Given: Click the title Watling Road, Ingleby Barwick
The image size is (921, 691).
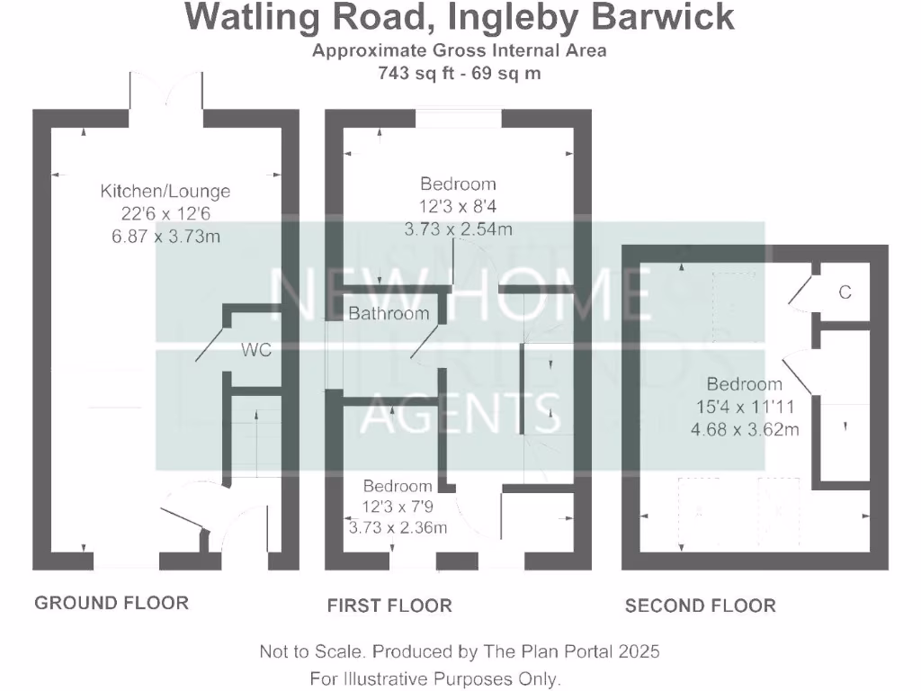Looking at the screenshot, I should click(459, 18).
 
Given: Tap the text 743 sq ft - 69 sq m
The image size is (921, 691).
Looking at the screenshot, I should click(460, 73).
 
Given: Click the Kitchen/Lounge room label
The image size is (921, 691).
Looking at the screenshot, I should click(165, 191).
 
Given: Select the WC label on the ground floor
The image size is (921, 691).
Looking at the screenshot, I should click(255, 350).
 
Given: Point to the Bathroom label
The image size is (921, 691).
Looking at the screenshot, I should click(389, 314).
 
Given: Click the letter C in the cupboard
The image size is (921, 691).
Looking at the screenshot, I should click(844, 292).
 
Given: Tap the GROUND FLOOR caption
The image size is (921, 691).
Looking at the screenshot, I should click(112, 603).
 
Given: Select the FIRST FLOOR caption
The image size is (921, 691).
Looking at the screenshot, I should click(389, 606).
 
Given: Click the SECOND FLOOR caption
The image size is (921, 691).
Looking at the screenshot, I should click(700, 606).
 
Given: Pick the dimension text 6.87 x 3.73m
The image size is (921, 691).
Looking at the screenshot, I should click(164, 237).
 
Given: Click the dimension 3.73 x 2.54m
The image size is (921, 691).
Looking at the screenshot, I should click(457, 229).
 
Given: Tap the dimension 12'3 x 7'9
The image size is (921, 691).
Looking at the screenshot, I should click(398, 507).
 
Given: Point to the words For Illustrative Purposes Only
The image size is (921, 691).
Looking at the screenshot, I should click(434, 678).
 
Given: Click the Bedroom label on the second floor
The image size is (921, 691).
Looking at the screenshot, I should click(744, 384).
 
